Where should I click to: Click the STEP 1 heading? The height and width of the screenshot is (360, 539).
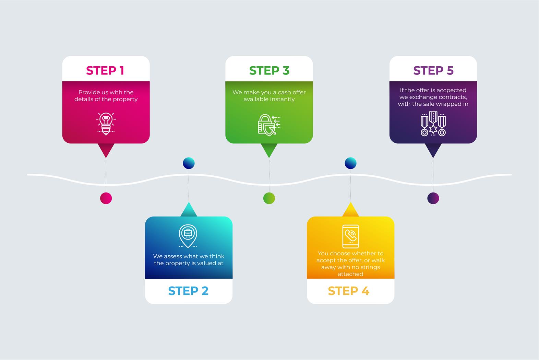pos(105,71)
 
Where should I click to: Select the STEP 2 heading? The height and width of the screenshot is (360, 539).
pos(188,291)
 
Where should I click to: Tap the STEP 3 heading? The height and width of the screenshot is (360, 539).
pos(269,71)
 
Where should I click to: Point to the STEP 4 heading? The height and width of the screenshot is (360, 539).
pos(348,291)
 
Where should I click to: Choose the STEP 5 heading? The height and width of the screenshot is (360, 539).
pos(433,71)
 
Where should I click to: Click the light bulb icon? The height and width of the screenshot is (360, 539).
pos(106,124)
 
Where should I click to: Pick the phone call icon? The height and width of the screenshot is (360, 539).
pos(350,236)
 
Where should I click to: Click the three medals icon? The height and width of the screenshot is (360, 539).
pos(433,124)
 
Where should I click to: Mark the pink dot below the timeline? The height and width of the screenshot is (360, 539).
pos(106,198)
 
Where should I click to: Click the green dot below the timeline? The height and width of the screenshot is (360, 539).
pos(269,198)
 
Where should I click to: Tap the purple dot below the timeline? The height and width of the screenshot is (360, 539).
pos(433,198)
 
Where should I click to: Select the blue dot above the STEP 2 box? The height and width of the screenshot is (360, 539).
pos(189,163)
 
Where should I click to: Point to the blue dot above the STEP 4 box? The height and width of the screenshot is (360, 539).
pos(350,163)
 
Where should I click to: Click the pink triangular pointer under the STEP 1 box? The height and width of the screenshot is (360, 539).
pos(106,150)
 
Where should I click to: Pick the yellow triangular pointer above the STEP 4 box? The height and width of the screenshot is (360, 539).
pos(350,210)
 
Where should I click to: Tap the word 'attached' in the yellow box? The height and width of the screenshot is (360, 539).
pos(350,274)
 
